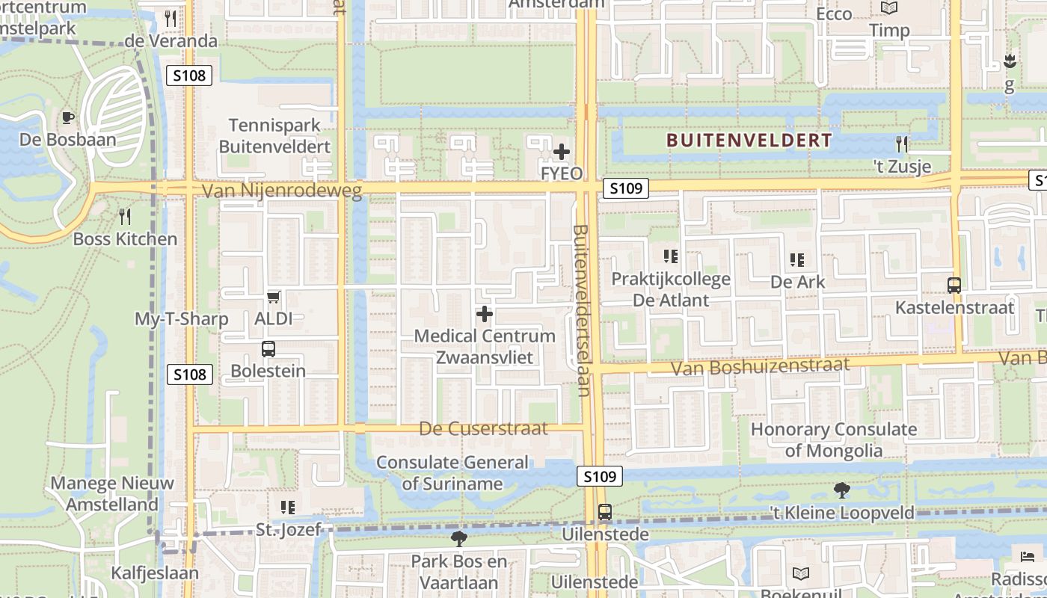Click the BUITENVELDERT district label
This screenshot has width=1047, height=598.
[749, 141]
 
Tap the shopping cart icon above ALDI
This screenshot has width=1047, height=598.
[273, 298]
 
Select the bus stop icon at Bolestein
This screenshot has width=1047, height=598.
[268, 349]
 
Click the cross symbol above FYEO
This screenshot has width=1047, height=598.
[561, 152]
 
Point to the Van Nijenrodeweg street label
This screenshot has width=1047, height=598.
[282, 191]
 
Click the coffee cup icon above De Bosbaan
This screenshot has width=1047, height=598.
[67, 117]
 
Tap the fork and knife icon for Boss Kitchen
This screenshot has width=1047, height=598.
[125, 218]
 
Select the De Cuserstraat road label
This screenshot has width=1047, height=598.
[483, 428]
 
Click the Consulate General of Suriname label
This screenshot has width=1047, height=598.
[452, 472]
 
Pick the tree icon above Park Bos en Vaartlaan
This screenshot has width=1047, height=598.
[459, 538]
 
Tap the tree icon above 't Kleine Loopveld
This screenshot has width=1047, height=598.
[842, 490]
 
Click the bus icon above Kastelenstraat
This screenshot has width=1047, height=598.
[954, 285]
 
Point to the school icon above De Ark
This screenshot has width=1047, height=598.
[797, 260]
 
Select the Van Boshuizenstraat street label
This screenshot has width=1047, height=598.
[760, 366]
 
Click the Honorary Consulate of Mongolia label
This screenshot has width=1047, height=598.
[834, 440]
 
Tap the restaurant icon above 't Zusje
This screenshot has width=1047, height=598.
[902, 144]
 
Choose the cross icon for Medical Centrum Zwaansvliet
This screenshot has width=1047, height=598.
[485, 314]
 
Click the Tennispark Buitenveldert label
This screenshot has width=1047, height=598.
[274, 135]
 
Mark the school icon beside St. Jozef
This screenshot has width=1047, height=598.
[288, 508]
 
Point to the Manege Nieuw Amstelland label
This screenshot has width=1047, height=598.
[112, 493]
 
